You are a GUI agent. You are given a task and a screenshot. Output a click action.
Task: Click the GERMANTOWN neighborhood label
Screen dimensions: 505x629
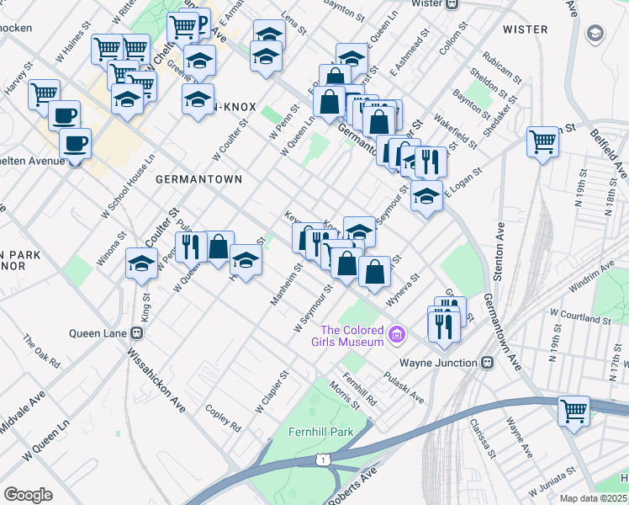click(x=198, y=179)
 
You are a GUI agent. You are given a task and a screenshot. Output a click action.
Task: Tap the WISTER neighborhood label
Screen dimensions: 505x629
click(x=525, y=29)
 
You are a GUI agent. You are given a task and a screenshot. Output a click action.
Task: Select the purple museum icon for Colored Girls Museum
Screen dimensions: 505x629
click(x=398, y=337)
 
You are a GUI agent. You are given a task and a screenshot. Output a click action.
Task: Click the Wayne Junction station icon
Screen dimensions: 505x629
click(x=486, y=362)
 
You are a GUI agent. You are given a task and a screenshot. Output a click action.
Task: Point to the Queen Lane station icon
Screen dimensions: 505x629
click(x=136, y=332)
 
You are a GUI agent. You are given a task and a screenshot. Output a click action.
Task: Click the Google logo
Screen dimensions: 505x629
click(x=28, y=495)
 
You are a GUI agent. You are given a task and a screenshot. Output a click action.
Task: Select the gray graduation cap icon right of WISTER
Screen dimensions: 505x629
click(x=595, y=34)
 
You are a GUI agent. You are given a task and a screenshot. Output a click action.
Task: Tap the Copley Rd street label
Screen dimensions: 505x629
click(x=223, y=417)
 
